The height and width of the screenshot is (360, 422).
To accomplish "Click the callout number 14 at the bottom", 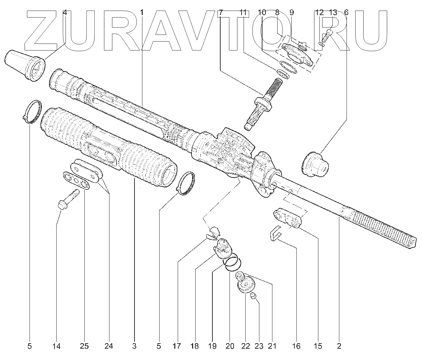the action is click(x=56, y=346).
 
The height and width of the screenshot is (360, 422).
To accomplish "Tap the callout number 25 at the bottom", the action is click(x=84, y=346).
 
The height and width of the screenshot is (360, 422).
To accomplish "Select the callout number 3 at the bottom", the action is click(x=134, y=346).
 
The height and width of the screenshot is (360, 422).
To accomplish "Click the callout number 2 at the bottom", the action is click(x=339, y=346).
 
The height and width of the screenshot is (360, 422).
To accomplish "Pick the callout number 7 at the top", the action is click(x=221, y=13).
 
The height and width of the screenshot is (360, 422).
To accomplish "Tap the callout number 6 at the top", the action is click(x=346, y=13).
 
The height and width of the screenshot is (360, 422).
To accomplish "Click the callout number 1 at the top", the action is click(x=142, y=13).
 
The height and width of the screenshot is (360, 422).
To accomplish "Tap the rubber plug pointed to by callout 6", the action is click(x=315, y=164).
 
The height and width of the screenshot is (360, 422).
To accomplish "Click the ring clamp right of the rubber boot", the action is click(x=186, y=183).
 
